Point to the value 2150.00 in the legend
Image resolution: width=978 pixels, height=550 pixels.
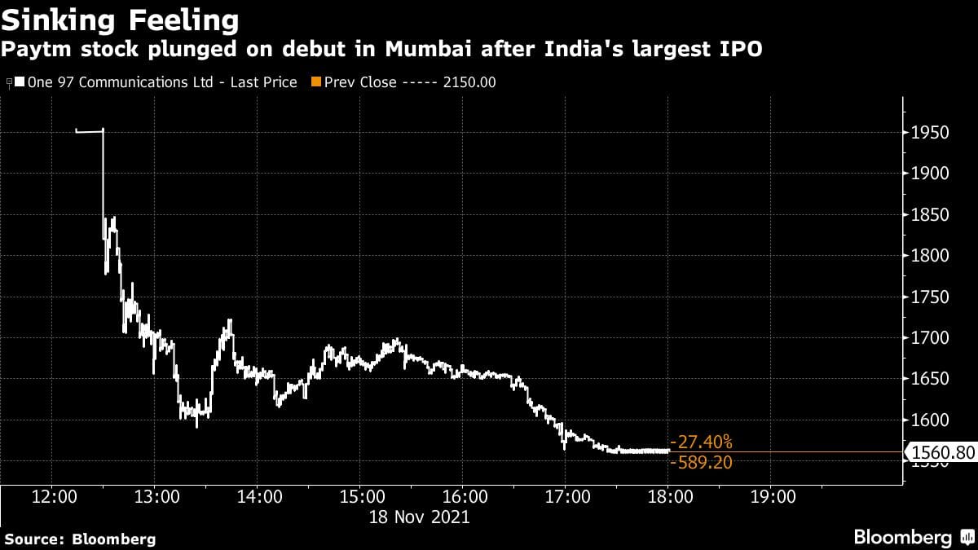(469, 82)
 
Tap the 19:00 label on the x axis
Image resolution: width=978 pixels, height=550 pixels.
(773, 496)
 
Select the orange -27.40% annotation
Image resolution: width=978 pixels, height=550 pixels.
(701, 442)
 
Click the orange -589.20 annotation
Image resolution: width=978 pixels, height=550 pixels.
(701, 463)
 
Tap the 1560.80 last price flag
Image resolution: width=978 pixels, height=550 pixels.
(942, 451)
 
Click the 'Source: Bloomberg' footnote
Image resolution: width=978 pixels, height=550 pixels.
(80, 539)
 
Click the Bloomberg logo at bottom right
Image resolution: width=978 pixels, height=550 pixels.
(912, 537)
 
